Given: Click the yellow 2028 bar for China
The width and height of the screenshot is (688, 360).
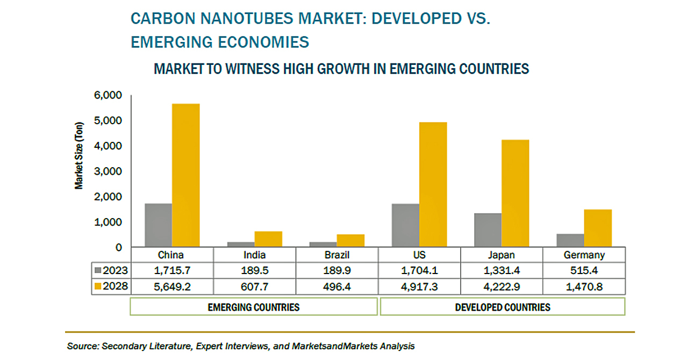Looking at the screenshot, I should [x=185, y=175].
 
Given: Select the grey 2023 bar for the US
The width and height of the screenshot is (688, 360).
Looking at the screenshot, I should [x=405, y=225].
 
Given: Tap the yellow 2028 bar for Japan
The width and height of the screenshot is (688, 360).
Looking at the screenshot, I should [x=515, y=193].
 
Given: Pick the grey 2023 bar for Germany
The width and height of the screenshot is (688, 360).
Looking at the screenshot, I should [x=570, y=240].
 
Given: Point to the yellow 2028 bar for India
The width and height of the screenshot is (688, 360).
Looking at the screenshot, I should [x=268, y=239].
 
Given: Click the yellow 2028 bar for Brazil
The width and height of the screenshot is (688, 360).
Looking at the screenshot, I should [x=350, y=240].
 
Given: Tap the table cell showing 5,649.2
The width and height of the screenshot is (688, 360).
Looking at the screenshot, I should [x=171, y=287].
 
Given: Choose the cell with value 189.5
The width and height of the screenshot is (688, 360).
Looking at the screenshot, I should [x=254, y=270].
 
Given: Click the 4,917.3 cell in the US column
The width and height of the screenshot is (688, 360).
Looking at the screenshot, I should [x=419, y=287].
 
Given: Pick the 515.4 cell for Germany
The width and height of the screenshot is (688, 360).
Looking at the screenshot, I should [x=584, y=270].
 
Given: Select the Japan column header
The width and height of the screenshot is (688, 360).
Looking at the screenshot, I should [x=501, y=255].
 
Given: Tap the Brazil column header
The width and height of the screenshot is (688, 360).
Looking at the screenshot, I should [x=337, y=255].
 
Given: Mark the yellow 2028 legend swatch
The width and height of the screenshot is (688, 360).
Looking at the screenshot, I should [x=98, y=287].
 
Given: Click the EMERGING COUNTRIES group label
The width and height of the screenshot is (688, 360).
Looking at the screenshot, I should [x=254, y=307].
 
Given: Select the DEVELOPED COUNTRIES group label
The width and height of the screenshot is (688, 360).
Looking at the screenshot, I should [x=503, y=307].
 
